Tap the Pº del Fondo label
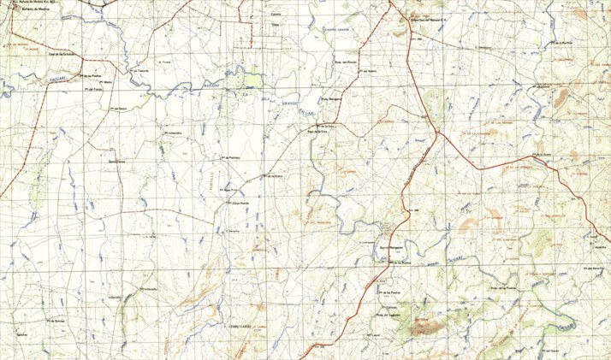click(94, 88)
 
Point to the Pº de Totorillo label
click(140, 70)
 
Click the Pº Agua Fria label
click(230, 190)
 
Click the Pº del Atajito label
click(369, 70)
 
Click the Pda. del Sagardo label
click(388, 315)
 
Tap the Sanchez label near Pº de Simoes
click(22, 333)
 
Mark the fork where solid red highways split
click(436, 132)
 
